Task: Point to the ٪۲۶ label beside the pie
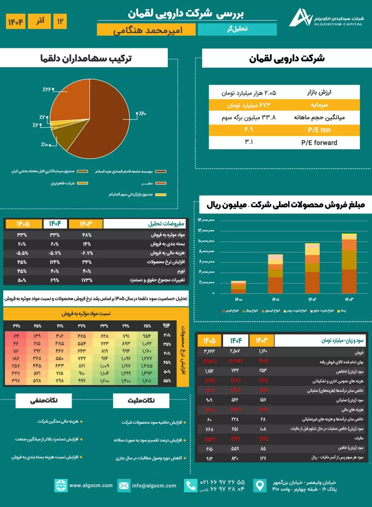coord(47,90)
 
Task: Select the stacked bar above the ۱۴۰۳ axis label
coord(349,263)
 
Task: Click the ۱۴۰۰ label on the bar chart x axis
coord(238,299)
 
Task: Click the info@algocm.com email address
coord(154,485)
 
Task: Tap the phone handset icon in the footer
coord(191,486)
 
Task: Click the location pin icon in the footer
coord(260,486)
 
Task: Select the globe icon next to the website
coord(61,485)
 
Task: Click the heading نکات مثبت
coord(142,400)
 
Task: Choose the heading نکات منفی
coord(44,400)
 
